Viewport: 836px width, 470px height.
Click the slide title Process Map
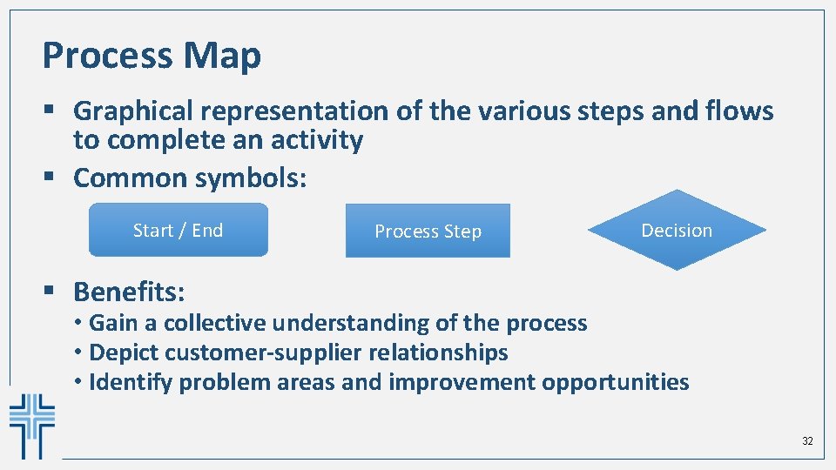(152, 56)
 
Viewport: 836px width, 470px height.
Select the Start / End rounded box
(179, 230)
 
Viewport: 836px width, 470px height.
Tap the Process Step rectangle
(428, 231)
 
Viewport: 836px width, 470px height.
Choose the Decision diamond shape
(677, 230)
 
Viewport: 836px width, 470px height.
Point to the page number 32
(807, 441)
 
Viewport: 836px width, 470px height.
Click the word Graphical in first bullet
(134, 111)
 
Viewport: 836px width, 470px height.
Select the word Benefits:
(129, 291)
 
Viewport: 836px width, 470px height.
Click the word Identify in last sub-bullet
(126, 382)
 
